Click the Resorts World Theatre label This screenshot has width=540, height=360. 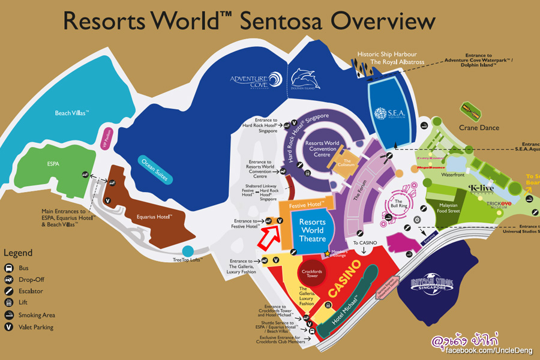tap(312, 230)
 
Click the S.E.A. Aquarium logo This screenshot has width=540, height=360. tap(390, 112)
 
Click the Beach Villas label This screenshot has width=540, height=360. tap(71, 113)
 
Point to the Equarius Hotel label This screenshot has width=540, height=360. tap(154, 216)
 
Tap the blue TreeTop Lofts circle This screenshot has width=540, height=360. tap(188, 251)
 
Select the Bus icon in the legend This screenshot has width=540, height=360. tap(10, 268)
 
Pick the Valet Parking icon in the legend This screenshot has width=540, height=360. tap(10, 327)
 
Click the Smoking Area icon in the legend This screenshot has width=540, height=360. tap(10, 315)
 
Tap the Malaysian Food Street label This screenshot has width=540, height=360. tap(445, 208)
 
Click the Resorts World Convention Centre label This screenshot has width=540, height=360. tap(322, 149)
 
